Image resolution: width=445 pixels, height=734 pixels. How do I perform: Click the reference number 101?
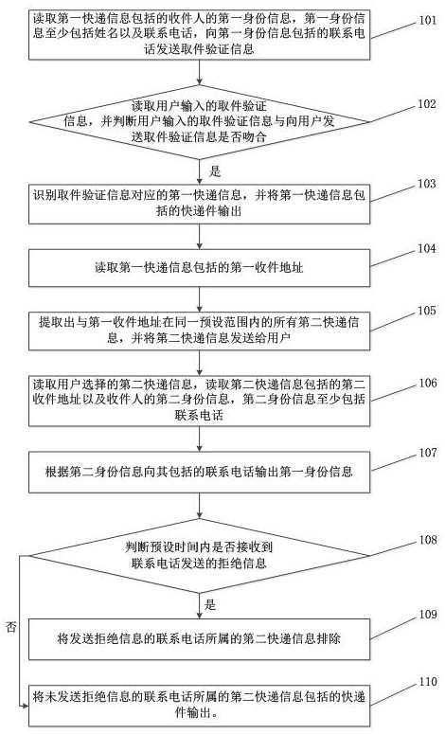(427, 20)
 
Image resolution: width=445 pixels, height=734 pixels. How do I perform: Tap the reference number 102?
(427, 104)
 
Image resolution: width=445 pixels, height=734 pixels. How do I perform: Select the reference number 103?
(427, 184)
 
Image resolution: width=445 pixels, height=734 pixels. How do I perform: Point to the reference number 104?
(427, 248)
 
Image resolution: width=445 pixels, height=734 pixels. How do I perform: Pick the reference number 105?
(427, 311)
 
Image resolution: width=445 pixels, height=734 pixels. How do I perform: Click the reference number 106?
(428, 383)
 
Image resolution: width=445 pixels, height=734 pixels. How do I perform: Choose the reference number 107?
(428, 453)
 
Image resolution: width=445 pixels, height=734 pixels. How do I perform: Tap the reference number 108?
(428, 540)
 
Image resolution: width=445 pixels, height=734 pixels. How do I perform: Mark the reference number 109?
(428, 614)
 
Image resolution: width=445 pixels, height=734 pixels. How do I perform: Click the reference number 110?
(428, 682)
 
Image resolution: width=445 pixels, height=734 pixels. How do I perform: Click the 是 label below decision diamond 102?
(215, 171)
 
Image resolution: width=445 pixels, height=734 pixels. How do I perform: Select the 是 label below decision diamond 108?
(210, 604)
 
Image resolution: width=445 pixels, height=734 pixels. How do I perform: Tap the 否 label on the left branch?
(10, 627)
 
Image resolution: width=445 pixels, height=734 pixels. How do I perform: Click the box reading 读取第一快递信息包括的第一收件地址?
(200, 268)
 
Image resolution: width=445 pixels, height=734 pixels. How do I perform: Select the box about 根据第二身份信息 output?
(200, 472)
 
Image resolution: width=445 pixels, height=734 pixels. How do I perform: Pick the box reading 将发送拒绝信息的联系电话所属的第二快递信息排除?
(200, 639)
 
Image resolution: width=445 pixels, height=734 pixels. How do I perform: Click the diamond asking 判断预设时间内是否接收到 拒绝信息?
(200, 556)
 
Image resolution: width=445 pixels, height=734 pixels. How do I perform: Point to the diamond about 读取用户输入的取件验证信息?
(200, 122)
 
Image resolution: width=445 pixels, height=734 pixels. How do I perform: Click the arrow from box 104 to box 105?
(200, 299)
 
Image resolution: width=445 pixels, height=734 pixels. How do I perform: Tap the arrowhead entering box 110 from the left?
(26, 706)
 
